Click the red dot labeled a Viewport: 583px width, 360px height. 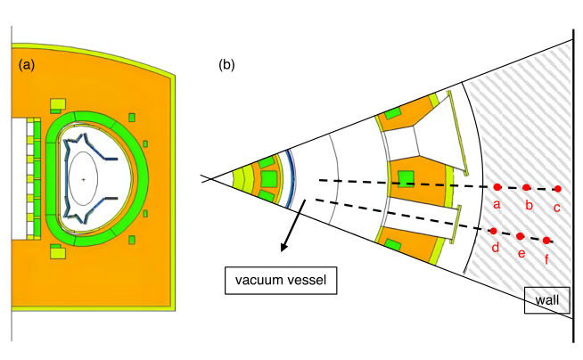pos(497,187)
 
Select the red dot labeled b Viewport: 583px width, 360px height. pos(526,188)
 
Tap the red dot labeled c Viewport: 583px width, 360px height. pos(557,189)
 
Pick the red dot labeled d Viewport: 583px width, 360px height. pos(494,232)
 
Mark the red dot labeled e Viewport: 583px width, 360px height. pos(521,236)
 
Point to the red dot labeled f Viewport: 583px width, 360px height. pos(546,241)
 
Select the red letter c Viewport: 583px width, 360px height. pos(557,208)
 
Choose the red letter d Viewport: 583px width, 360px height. pos(495,249)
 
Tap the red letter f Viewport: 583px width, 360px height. pos(545,260)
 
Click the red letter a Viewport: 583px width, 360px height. pos(497,205)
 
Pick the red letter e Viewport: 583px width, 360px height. pos(521,254)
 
